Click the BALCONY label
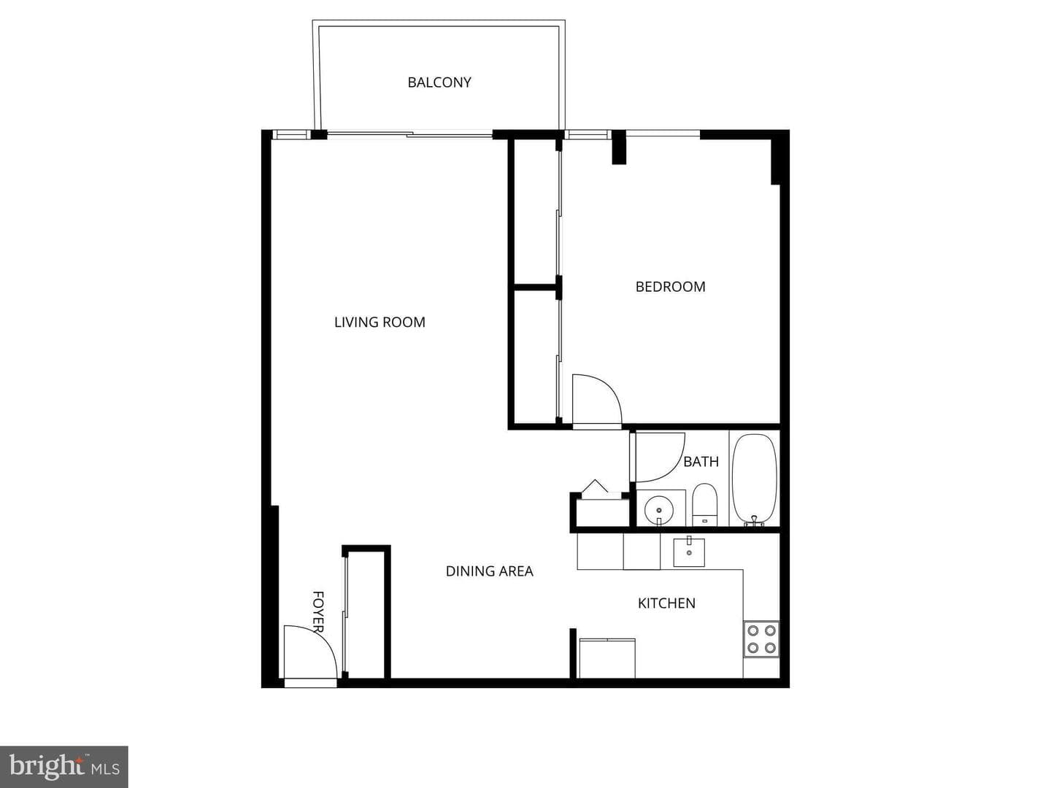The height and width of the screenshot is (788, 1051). coord(439,82)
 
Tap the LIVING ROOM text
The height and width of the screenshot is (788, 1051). coord(380,322)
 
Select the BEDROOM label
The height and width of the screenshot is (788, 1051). coord(670,287)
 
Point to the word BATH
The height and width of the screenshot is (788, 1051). coord(701,462)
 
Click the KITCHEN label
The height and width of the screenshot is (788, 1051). coord(666,603)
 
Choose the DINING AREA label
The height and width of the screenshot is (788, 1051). coord(489,571)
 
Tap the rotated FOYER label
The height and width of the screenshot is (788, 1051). coord(318,611)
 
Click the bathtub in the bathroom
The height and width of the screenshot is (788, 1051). coord(755,479)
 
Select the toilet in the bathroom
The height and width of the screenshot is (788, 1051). coord(704,505)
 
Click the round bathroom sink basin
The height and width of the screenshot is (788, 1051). coord(659,510)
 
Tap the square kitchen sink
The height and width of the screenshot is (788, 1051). coord(689,552)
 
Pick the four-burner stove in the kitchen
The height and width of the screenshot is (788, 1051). coord(761,638)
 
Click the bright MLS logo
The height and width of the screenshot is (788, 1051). coord(63,767)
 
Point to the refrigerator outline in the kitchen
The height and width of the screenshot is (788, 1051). coord(607,658)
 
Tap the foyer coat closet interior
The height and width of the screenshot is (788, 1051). coord(366,614)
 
